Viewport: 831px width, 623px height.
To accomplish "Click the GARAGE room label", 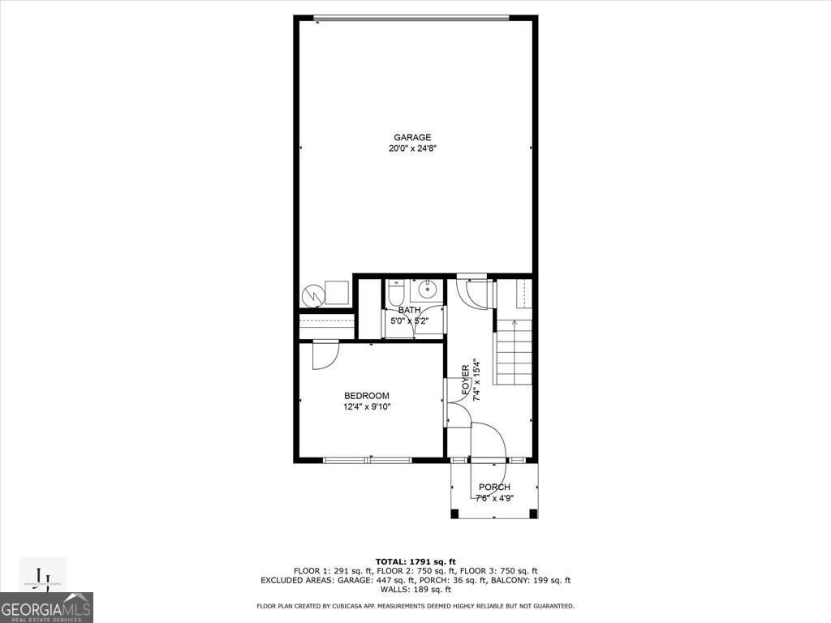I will point(412,137).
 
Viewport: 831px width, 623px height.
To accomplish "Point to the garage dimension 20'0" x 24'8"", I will point(412,148).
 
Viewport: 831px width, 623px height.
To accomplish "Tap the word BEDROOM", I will point(366,396).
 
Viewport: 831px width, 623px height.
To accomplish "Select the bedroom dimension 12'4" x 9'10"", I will point(366,407).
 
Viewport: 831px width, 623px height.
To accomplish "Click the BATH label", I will point(409,310).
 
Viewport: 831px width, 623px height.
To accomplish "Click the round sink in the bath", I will point(427,290).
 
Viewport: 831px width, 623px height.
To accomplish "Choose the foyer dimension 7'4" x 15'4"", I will point(477,380).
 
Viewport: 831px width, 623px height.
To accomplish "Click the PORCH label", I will point(494,488).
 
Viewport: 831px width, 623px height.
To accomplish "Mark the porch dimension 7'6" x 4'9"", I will point(494,498).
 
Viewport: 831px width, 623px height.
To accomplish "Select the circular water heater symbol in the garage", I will point(312,294).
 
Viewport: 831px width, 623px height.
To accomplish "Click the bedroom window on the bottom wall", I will point(367,460).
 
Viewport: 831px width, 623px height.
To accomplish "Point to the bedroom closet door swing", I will point(323,355).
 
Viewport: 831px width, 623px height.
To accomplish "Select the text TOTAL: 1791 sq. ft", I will point(415,561).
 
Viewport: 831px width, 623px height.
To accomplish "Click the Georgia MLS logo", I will point(46,608).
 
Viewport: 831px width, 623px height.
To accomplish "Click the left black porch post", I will point(454,513).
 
